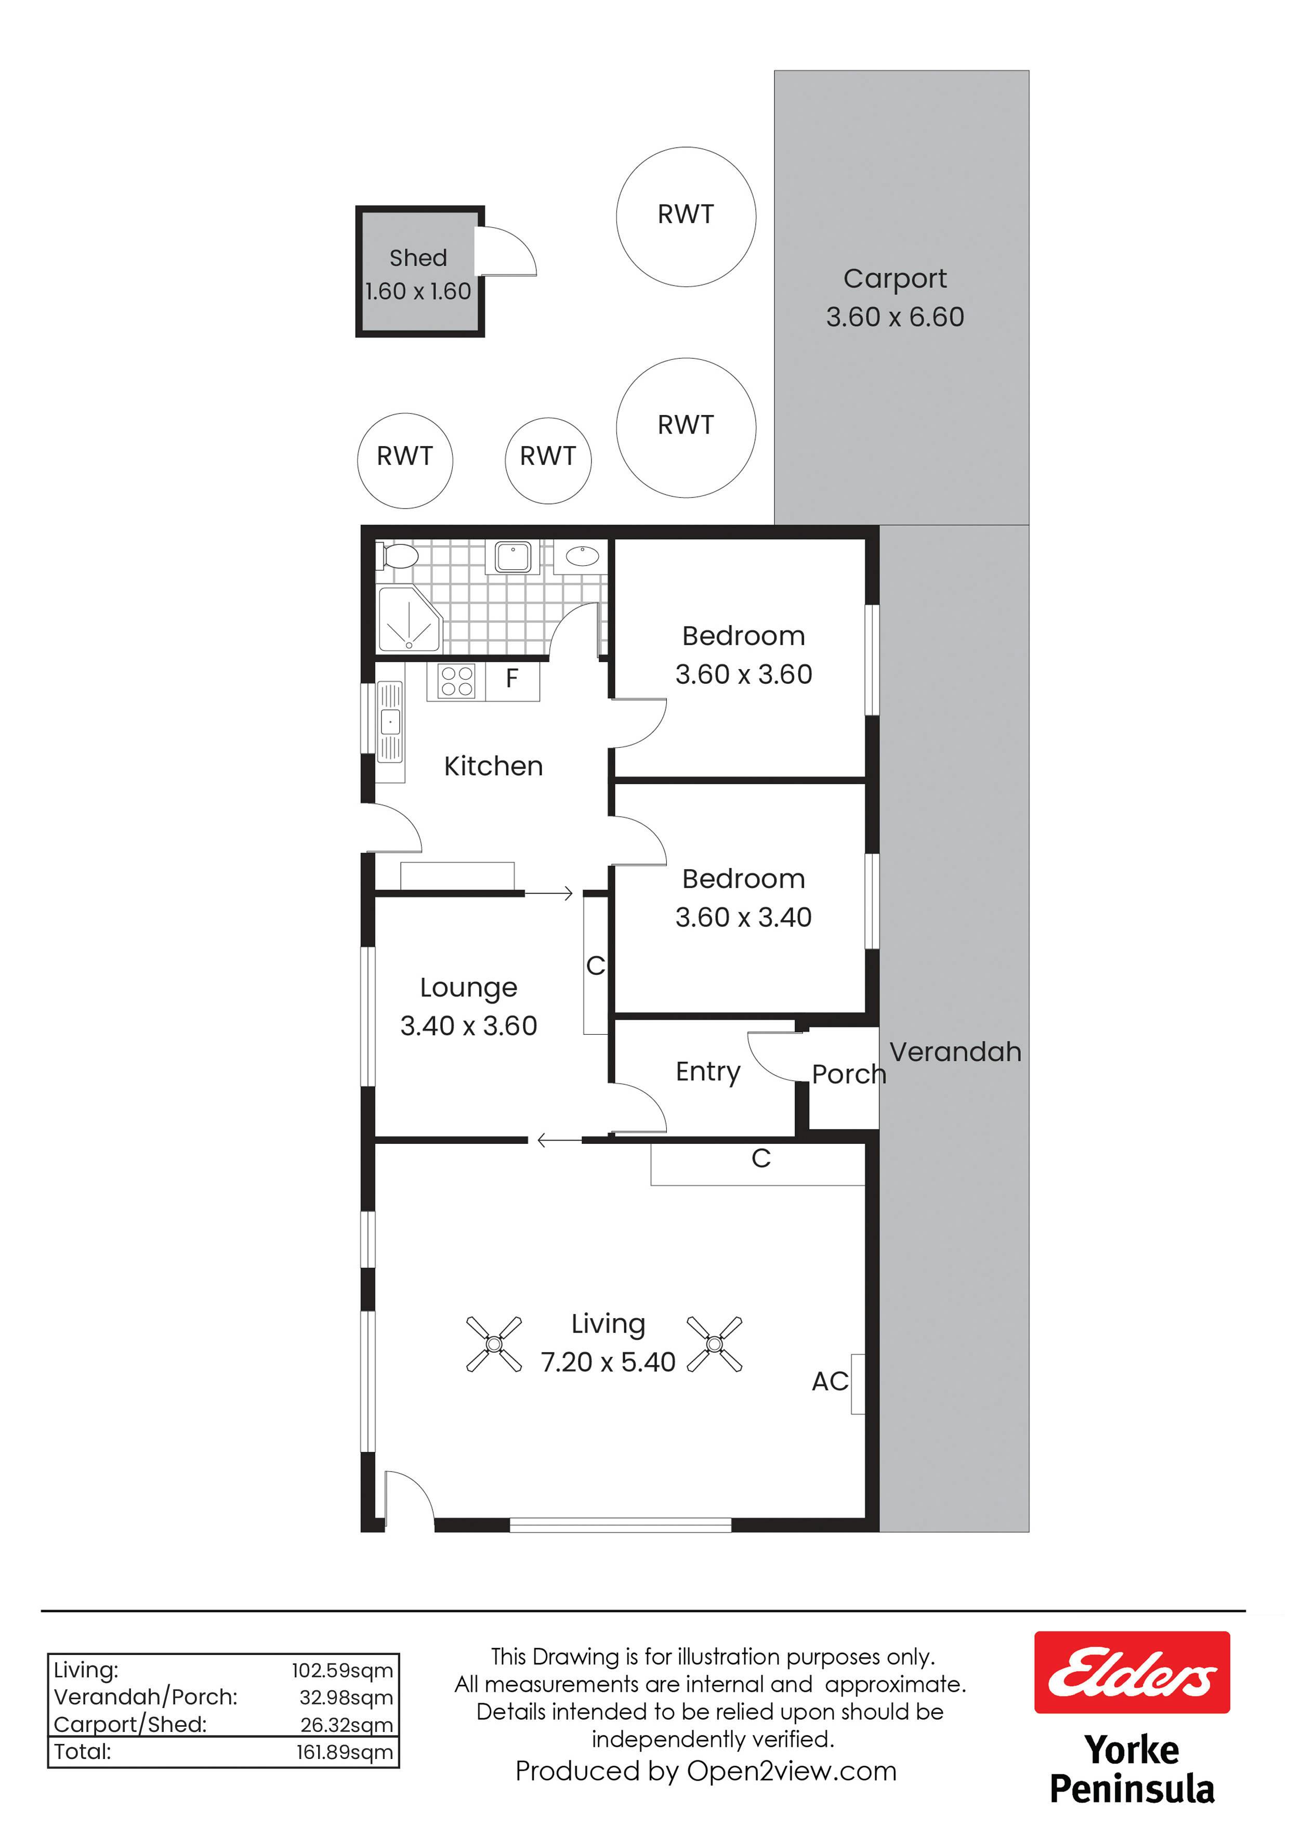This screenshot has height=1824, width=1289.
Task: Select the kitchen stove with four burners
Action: point(457,681)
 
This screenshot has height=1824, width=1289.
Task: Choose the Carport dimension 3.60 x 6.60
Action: point(895,317)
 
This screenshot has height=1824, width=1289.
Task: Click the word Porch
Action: point(848,1074)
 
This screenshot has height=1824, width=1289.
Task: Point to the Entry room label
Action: point(707,1072)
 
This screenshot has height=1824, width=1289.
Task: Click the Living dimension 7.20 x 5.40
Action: point(608,1362)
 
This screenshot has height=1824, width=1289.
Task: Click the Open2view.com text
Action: point(791,1771)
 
